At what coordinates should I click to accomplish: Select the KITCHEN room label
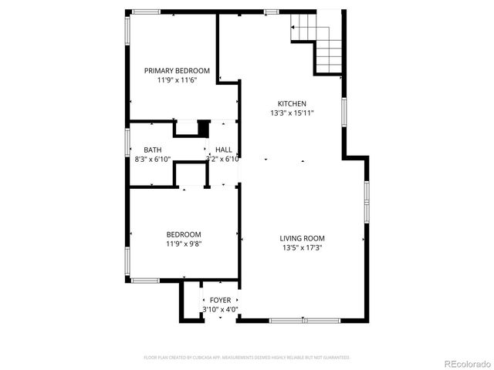[x=292, y=103]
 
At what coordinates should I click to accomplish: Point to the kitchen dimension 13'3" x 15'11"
[x=292, y=113]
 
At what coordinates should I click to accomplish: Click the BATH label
[x=152, y=150]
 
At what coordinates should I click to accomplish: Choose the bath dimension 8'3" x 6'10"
[x=152, y=160]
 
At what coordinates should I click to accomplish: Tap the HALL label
[x=224, y=150]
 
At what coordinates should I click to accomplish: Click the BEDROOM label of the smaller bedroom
[x=184, y=234]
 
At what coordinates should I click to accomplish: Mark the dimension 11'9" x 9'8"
[x=184, y=244]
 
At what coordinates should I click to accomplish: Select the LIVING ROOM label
[x=302, y=238]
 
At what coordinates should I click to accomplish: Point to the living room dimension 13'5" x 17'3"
[x=302, y=247]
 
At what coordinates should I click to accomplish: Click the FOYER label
[x=220, y=300]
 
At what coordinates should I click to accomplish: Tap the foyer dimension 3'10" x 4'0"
[x=220, y=309]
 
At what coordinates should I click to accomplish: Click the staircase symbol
[x=317, y=42]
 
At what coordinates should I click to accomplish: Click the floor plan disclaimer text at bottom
[x=247, y=358]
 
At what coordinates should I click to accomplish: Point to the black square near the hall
[x=204, y=128]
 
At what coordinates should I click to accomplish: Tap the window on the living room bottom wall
[x=305, y=319]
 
